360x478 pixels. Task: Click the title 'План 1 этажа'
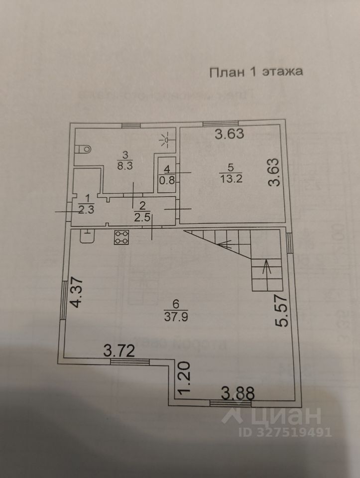click(x=256, y=72)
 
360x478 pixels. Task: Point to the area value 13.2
click(x=231, y=180)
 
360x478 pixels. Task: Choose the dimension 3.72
click(x=120, y=351)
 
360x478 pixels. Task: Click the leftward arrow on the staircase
click(x=225, y=244)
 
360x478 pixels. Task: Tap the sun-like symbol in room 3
click(x=168, y=140)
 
